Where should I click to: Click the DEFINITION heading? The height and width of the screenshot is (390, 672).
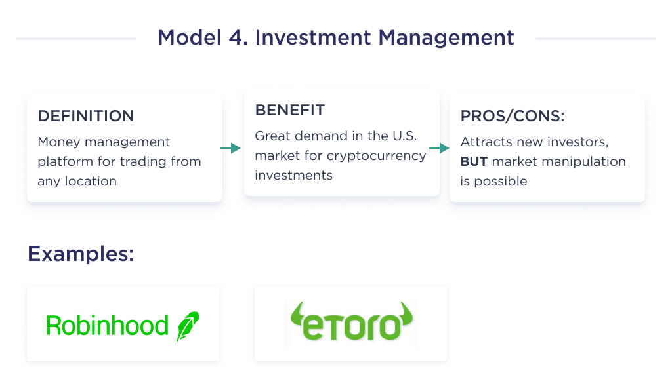[85, 116]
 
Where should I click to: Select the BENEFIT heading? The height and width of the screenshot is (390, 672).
[289, 110]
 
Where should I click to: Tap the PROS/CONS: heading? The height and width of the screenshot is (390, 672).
[513, 116]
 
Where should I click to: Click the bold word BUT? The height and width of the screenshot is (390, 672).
[474, 161]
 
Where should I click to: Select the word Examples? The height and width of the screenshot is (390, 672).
[81, 254]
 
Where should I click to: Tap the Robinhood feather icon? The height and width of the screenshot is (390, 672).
[188, 326]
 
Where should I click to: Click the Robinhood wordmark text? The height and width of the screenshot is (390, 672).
[107, 325]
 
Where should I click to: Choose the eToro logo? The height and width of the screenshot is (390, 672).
[350, 323]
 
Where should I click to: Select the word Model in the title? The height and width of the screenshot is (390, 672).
[188, 37]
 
